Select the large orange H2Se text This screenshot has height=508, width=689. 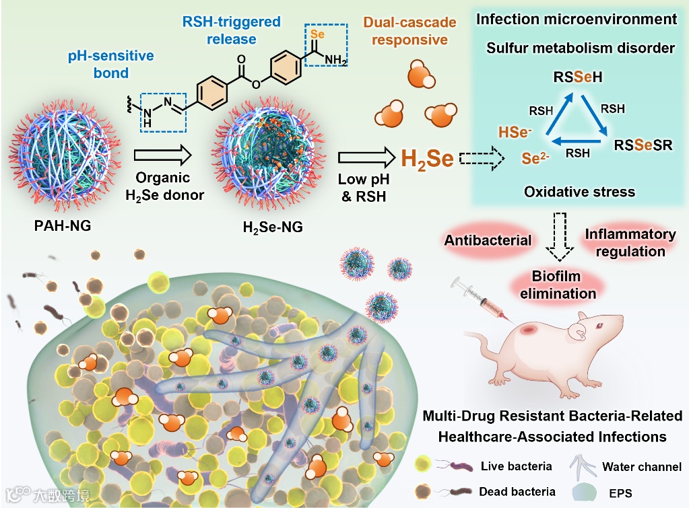pos(427,159)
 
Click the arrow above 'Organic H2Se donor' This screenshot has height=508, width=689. pos(164,157)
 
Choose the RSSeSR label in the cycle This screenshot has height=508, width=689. pos(643,144)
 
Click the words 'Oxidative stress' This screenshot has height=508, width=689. pos(579,192)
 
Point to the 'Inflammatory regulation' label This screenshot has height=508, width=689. pos(630,242)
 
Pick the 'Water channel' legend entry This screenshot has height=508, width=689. pos(641,466)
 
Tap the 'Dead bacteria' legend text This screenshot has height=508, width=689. pos(517,492)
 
